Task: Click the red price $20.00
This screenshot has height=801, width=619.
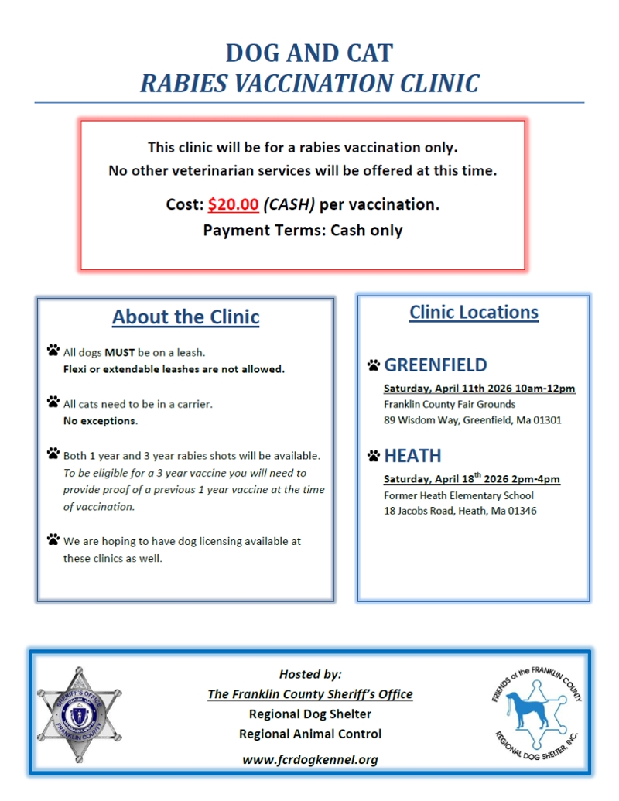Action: (233, 205)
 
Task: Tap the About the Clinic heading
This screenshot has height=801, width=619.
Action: (186, 317)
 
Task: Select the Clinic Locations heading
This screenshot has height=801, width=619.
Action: (474, 313)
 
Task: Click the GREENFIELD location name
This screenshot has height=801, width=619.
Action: (436, 365)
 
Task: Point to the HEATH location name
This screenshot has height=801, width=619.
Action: (412, 455)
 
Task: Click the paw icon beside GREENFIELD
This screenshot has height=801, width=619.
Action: (374, 365)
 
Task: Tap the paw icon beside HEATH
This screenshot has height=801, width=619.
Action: (374, 456)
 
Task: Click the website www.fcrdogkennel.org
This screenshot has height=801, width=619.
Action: (310, 759)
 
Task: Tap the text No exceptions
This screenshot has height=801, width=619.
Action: (100, 422)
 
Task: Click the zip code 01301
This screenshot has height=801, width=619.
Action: (546, 421)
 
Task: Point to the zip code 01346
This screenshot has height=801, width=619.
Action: (522, 511)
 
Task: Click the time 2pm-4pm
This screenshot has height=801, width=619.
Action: (531, 479)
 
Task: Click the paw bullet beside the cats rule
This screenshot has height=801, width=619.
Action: (53, 402)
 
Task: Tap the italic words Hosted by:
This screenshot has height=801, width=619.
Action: (310, 674)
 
